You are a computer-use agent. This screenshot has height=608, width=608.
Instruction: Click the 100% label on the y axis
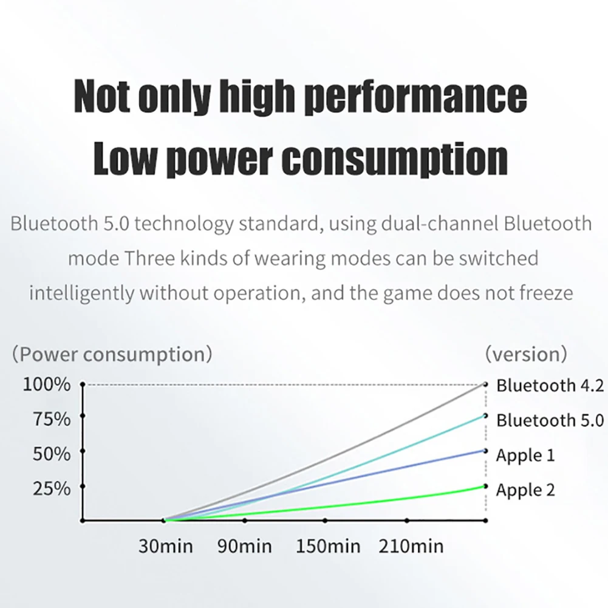46,385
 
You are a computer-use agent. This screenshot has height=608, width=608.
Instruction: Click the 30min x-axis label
165,546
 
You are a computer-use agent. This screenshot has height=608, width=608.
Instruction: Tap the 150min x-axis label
328,546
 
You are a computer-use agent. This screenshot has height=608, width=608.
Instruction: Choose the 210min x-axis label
411,546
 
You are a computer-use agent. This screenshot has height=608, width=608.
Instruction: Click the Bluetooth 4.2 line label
550,386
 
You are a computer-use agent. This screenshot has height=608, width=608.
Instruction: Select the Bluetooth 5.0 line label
550,420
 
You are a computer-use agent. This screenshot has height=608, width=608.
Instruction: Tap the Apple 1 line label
525,456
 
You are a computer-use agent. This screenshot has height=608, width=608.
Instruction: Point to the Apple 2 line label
525,490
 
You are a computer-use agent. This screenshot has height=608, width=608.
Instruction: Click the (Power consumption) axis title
112,354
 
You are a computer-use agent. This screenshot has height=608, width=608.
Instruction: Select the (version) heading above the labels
526,354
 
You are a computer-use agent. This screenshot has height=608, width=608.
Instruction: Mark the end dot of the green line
485,486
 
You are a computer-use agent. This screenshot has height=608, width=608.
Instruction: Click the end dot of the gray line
485,384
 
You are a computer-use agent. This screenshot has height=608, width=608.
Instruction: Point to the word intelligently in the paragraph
82,293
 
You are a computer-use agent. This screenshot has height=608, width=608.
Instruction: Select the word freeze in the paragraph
546,293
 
